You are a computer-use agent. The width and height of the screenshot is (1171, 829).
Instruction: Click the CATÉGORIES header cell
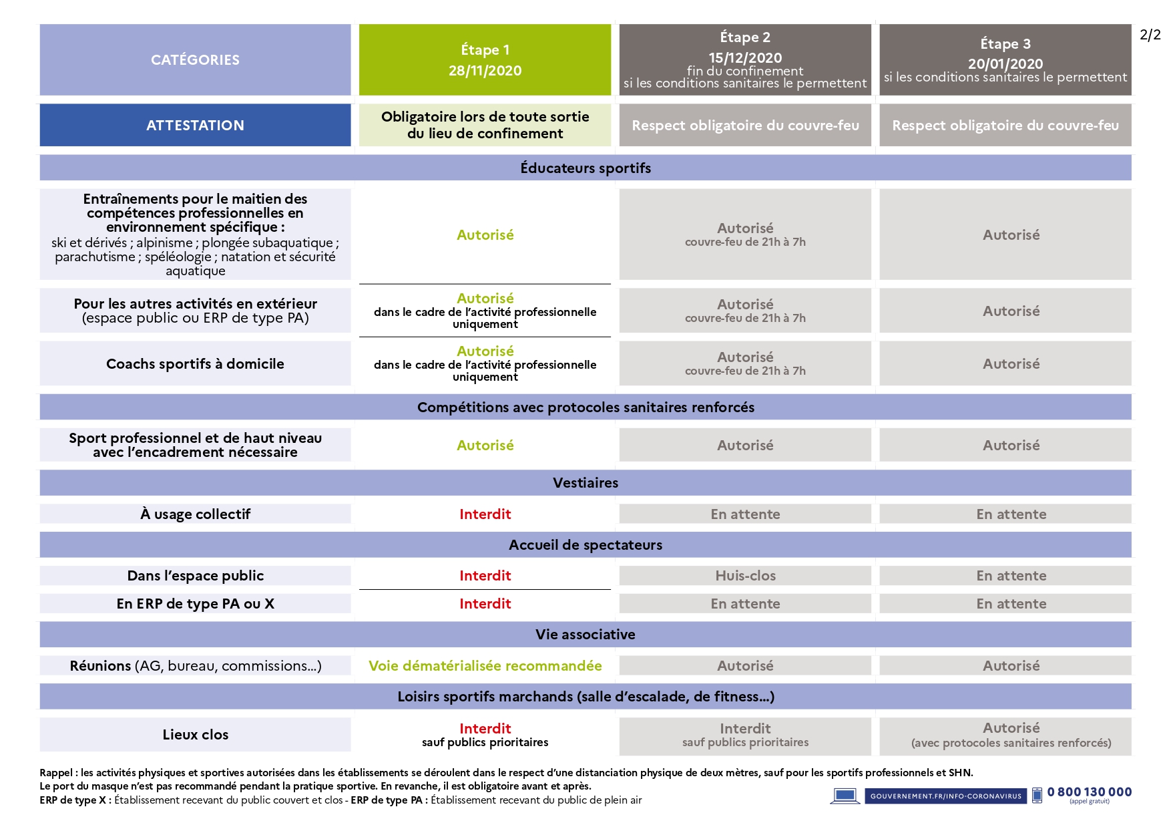tap(195, 60)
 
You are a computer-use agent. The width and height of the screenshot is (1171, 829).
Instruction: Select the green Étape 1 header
tap(485, 59)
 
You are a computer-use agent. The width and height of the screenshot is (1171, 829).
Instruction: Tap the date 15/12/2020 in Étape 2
tap(745, 57)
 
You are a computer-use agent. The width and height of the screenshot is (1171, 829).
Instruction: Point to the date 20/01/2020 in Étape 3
tap(1005, 63)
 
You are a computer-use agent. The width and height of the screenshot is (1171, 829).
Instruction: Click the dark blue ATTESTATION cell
tap(195, 125)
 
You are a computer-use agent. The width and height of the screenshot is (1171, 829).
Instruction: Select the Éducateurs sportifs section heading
tap(585, 168)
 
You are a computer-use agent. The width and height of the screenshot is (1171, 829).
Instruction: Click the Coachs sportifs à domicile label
tap(195, 363)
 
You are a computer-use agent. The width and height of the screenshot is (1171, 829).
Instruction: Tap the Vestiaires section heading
tap(585, 482)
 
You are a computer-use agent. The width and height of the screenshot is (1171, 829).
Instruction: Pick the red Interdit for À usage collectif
tap(485, 514)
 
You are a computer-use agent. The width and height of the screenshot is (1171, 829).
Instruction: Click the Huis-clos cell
tap(745, 575)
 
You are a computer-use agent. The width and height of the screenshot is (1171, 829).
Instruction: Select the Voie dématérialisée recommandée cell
tap(485, 665)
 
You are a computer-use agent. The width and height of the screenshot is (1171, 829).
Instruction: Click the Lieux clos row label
tap(195, 734)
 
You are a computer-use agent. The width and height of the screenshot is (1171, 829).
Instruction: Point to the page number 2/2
tap(1150, 35)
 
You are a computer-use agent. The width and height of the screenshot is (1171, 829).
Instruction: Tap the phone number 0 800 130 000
tap(1089, 792)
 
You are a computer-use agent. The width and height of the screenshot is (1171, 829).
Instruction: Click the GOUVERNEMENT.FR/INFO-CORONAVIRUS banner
tap(945, 796)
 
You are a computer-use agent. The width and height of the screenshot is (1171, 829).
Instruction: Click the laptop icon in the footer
tap(845, 796)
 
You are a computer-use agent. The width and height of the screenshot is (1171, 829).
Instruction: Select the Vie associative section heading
tap(585, 634)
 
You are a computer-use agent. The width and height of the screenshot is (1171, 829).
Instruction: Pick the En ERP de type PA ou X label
tap(195, 603)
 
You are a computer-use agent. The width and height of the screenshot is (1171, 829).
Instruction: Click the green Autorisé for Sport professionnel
tap(485, 445)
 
